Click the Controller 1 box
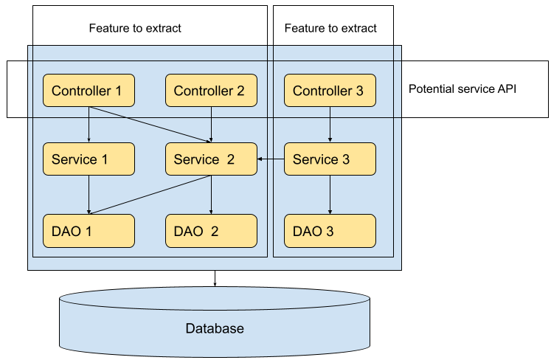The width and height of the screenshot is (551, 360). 89,91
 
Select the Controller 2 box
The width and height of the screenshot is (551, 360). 211,91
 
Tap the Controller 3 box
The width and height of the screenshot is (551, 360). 330,91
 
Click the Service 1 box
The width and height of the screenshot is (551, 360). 89,159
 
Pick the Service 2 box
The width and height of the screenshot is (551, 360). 211,159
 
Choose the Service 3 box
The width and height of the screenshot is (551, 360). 330,159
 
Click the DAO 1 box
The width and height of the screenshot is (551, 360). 89,231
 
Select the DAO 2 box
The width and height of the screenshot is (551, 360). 211,231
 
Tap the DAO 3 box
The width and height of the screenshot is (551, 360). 330,231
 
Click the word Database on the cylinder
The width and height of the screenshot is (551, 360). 215,328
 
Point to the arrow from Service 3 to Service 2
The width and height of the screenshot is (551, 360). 271,159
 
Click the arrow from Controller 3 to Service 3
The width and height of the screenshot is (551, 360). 330,124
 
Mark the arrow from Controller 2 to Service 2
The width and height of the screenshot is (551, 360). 212,124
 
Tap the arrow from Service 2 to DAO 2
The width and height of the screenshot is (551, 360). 212,195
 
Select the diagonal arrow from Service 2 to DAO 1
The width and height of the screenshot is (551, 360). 148,194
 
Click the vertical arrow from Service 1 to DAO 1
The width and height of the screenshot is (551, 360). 89,193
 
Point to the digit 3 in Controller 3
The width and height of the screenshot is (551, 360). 359,91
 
